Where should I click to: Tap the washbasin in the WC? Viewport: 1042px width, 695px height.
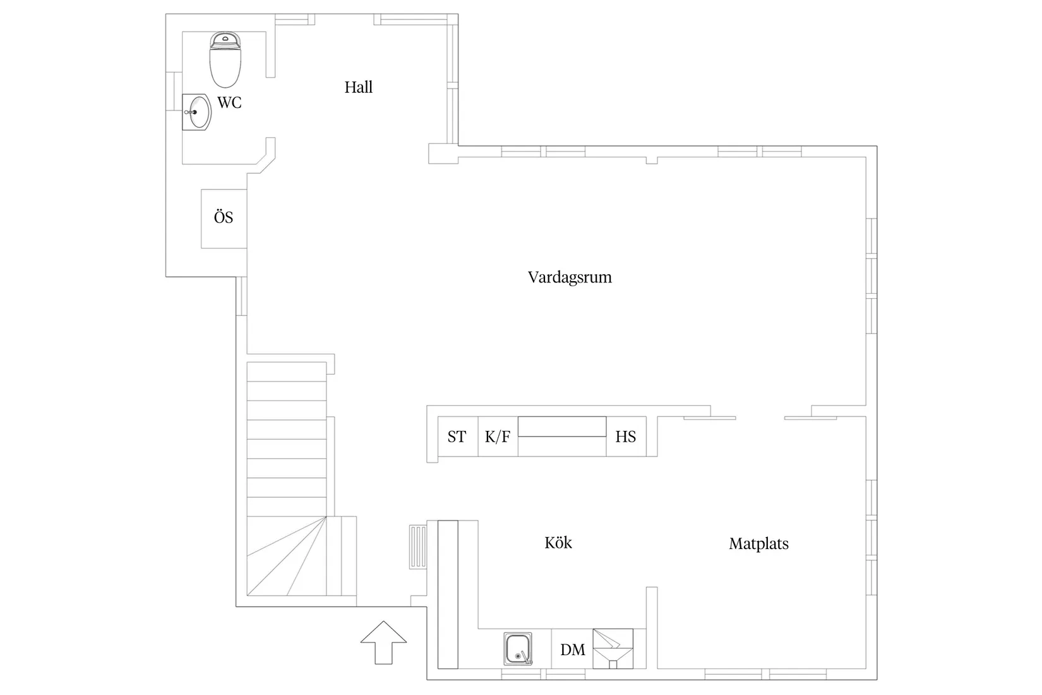click(197, 112)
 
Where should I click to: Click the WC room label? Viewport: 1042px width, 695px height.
click(229, 102)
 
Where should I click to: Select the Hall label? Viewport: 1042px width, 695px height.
click(358, 87)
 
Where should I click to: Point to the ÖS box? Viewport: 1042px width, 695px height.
click(224, 218)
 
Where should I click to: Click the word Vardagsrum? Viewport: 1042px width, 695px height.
click(570, 277)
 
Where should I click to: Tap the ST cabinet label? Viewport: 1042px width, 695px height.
click(457, 437)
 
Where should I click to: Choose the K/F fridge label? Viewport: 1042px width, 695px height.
click(497, 437)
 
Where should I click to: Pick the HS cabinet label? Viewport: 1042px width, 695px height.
click(625, 437)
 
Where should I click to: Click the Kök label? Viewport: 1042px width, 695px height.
click(558, 543)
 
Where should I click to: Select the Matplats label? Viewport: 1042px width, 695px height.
click(758, 543)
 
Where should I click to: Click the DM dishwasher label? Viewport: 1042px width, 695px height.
click(572, 650)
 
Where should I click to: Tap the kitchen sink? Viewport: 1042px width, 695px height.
click(518, 649)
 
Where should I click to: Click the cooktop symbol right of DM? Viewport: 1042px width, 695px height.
click(613, 648)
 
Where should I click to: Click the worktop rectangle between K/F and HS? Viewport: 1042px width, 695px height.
click(561, 426)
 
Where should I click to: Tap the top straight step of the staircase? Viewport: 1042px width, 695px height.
click(286, 372)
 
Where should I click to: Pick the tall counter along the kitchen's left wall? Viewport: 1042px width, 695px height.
click(448, 594)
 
